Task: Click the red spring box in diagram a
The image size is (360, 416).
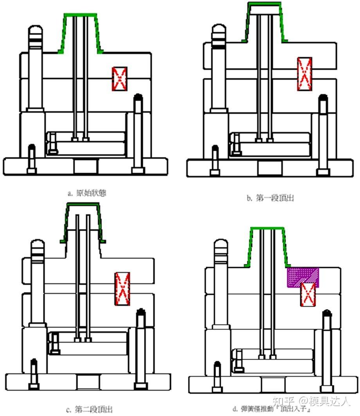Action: pyautogui.click(x=120, y=79)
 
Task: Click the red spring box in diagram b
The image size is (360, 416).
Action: pyautogui.click(x=304, y=74)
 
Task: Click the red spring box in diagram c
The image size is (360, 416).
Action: pyautogui.click(x=122, y=288)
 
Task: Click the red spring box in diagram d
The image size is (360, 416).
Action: pyautogui.click(x=308, y=294)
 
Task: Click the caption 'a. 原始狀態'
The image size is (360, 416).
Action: pyautogui.click(x=87, y=193)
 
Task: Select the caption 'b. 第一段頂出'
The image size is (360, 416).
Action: pyautogui.click(x=270, y=198)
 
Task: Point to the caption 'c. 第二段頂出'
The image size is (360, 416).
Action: pyautogui.click(x=89, y=410)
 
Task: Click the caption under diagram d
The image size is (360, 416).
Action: pyautogui.click(x=271, y=410)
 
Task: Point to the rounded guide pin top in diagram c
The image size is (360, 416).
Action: pyautogui.click(x=38, y=247)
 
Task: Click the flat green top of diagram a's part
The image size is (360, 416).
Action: pyautogui.click(x=81, y=14)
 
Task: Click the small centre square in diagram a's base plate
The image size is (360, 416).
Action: pyautogui.click(x=86, y=166)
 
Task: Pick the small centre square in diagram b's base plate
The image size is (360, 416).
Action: pyautogui.click(x=270, y=167)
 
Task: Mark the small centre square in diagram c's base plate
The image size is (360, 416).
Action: pyautogui.click(x=88, y=382)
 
